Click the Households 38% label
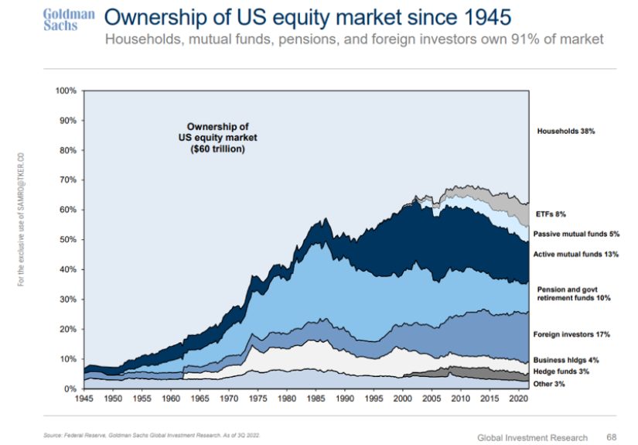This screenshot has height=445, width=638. [565, 132]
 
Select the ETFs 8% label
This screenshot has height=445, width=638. [552, 214]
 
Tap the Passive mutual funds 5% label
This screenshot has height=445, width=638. [577, 234]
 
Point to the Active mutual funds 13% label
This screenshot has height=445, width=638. [576, 254]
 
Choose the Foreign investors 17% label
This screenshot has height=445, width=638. [572, 334]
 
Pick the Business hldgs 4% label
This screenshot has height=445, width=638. [566, 360]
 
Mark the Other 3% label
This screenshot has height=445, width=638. [551, 384]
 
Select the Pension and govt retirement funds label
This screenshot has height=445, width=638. [573, 293]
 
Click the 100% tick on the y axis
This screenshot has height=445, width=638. [66, 91]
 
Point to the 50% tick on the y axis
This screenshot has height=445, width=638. [67, 240]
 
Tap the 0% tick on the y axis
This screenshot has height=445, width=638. [70, 389]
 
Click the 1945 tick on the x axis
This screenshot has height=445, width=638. [84, 400]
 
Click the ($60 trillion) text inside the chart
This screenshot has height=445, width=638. [217, 149]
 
